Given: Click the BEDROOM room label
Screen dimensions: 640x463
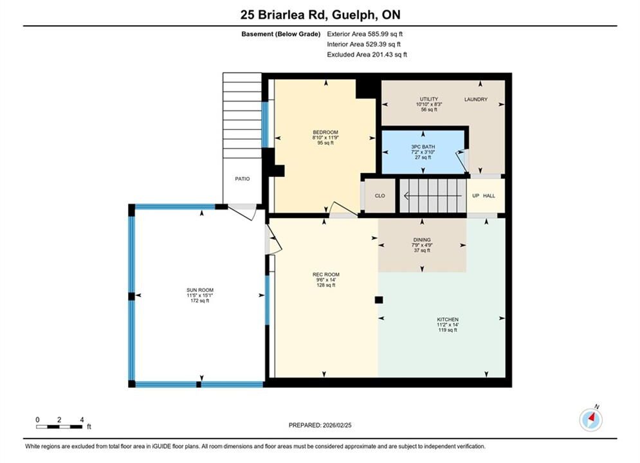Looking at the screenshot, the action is point(325,132).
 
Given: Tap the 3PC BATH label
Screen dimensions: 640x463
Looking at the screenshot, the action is point(423,147).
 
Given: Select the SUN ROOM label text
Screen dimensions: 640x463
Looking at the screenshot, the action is point(200,290).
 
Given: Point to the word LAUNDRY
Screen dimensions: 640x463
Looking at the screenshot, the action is point(475,99).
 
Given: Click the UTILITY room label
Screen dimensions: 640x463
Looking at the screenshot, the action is point(429,99).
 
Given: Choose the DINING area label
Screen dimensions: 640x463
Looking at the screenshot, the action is point(422,240).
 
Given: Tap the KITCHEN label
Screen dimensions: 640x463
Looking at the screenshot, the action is point(448,320).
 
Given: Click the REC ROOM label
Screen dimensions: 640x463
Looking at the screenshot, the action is point(325,275).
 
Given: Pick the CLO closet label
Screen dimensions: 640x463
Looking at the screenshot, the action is point(379,195).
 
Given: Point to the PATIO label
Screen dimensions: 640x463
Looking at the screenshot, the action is point(242,179).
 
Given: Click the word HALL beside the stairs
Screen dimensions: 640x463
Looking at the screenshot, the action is point(489,195).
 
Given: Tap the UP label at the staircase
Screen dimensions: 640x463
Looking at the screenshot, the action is point(475,195).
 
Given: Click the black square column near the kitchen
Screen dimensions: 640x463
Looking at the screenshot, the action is point(379,300).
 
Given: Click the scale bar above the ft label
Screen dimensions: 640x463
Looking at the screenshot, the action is point(59,427).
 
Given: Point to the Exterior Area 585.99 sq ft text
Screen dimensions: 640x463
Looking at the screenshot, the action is point(365,34).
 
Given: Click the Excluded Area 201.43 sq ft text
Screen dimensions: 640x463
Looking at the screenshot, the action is point(367,55).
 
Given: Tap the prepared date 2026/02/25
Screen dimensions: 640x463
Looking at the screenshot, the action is point(337,425).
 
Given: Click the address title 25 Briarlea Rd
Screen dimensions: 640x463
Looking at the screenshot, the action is point(284,15).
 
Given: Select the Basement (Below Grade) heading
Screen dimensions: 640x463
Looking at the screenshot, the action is point(281,34).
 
